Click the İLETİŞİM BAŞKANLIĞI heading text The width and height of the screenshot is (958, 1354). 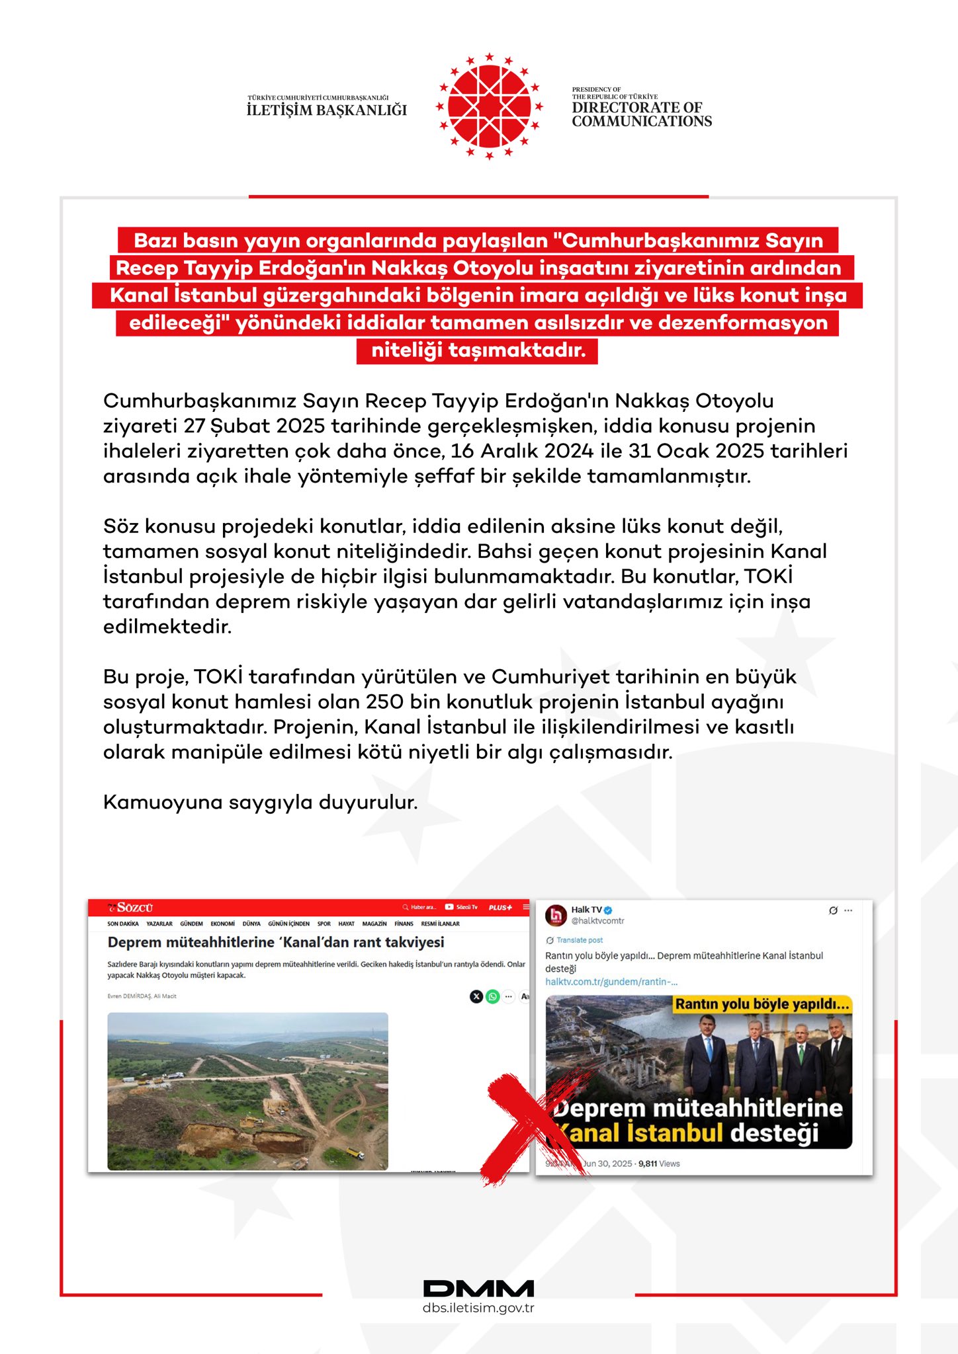click(x=327, y=110)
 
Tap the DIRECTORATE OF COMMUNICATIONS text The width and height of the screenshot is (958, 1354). click(x=642, y=114)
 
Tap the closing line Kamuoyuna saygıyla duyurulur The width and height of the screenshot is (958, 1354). click(x=260, y=802)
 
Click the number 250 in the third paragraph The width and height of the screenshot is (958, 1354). click(x=384, y=701)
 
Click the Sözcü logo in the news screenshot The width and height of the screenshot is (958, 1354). click(x=131, y=908)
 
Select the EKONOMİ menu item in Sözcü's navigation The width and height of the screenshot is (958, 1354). click(x=222, y=924)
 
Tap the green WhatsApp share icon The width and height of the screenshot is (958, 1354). click(x=492, y=996)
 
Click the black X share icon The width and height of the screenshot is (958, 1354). click(x=476, y=996)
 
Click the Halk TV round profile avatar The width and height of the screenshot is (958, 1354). click(x=556, y=916)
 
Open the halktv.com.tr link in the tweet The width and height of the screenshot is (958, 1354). click(x=611, y=982)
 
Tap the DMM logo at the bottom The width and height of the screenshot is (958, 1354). click(x=478, y=1289)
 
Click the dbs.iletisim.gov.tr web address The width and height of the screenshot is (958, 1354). click(x=478, y=1308)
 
